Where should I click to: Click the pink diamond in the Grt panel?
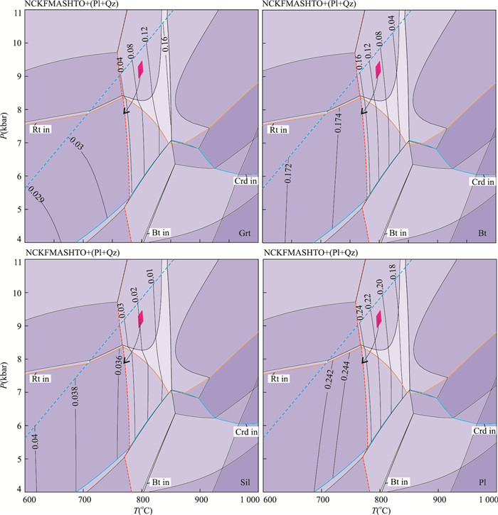coord(141,68)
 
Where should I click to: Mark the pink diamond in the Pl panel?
coord(378,318)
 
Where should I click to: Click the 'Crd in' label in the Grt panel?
coord(245,182)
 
